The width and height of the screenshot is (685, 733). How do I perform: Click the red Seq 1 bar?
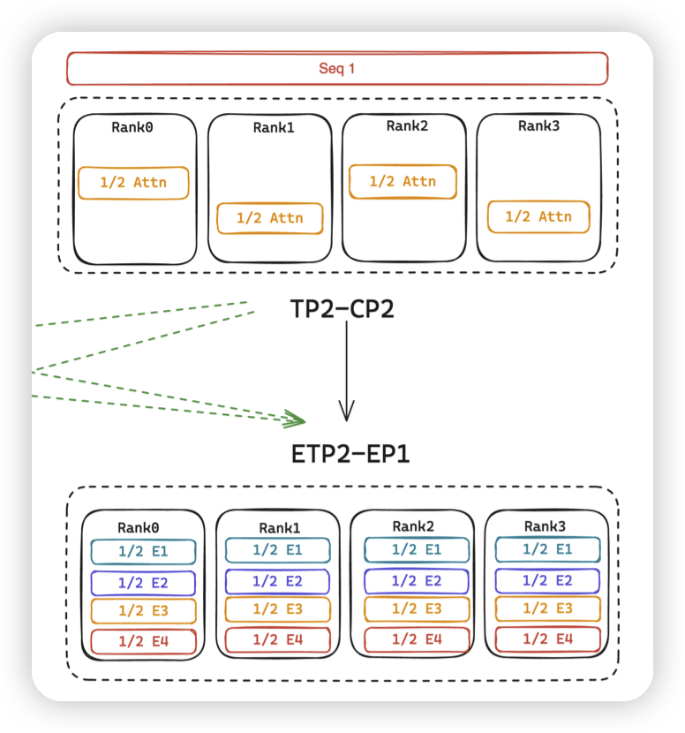[x=337, y=68]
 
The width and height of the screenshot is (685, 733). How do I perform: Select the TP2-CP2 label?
[x=342, y=309]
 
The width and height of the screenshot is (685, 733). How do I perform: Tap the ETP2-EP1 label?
[x=350, y=454]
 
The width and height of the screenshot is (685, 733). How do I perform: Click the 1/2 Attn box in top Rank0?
[x=133, y=183]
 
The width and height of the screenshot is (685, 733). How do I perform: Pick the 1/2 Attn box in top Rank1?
[x=269, y=218]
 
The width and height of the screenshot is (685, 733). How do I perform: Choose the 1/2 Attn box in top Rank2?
[x=403, y=181]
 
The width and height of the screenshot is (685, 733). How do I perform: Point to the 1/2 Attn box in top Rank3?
[x=538, y=216]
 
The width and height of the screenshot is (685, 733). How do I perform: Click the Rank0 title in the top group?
[x=132, y=127]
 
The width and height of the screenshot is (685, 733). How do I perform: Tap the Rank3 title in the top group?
[x=538, y=126]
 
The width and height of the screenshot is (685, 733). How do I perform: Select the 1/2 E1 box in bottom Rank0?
[x=143, y=552]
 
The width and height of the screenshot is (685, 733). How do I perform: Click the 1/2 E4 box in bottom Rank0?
[x=143, y=641]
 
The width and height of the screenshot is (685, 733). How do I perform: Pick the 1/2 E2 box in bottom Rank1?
[x=277, y=581]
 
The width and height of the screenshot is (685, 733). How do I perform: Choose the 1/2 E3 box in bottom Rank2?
[x=412, y=609]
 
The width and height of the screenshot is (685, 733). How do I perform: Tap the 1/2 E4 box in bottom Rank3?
[x=547, y=639]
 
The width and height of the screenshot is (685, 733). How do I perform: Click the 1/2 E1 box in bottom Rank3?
[x=547, y=549]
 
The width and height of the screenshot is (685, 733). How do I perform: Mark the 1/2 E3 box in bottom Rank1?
[x=277, y=609]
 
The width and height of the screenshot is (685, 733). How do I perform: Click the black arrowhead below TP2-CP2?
[x=347, y=411]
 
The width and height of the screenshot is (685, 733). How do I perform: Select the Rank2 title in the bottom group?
[x=411, y=525]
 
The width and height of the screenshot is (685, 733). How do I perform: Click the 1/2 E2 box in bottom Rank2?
[x=412, y=581]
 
